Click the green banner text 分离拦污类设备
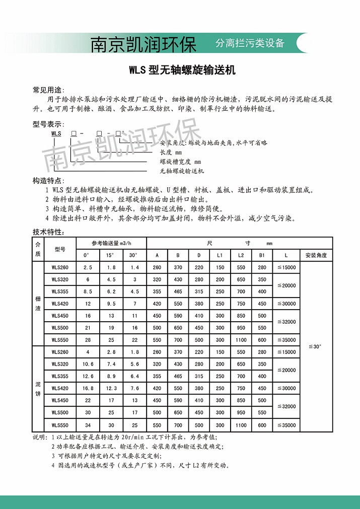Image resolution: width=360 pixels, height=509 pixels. click(x=250, y=43)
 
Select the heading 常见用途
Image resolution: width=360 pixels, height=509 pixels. click(x=48, y=90)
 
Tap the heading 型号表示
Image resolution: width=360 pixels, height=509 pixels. click(x=48, y=124)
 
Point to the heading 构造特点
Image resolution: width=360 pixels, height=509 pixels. click(x=48, y=181)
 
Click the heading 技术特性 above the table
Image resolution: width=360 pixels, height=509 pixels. click(x=48, y=232)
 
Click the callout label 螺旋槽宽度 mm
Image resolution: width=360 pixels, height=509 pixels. click(x=180, y=162)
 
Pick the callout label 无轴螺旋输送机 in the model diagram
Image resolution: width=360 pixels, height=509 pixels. click(x=182, y=171)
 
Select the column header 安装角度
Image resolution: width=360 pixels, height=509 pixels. click(x=316, y=256)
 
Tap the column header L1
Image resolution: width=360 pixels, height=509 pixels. click(x=220, y=256)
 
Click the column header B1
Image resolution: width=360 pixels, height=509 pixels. click(x=262, y=256)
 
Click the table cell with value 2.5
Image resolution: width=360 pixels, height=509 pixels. click(x=88, y=268)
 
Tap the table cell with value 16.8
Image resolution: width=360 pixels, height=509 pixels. click(x=88, y=389)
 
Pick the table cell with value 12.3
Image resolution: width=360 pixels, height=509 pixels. click(x=111, y=389)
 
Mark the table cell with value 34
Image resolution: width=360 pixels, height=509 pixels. click(x=88, y=425)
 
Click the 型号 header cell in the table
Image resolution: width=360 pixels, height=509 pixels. click(x=60, y=249)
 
